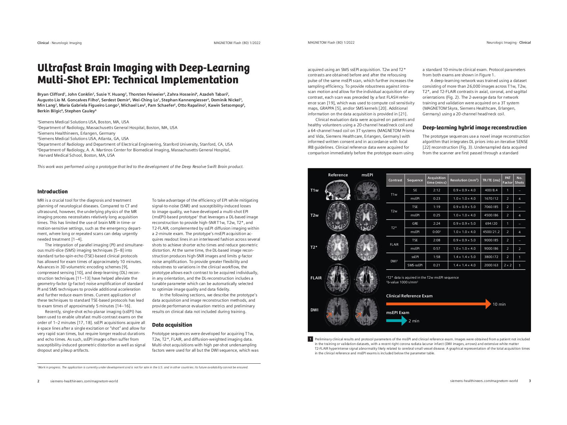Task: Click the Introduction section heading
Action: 52,192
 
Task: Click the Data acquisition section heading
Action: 172,325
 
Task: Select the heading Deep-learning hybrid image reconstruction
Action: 474,128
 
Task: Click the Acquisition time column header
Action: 436,180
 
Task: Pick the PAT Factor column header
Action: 507,180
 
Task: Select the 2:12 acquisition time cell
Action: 436,190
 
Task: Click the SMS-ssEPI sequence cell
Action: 415,265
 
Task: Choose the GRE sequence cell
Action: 415,224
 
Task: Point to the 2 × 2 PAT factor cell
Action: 507,265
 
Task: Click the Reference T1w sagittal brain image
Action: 338,190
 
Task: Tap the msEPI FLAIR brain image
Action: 367,278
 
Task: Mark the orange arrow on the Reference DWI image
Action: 329,315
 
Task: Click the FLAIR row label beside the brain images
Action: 316,278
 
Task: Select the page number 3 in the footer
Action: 530,381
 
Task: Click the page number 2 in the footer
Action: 38,381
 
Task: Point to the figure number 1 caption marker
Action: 310,339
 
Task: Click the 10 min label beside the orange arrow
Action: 499,304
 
